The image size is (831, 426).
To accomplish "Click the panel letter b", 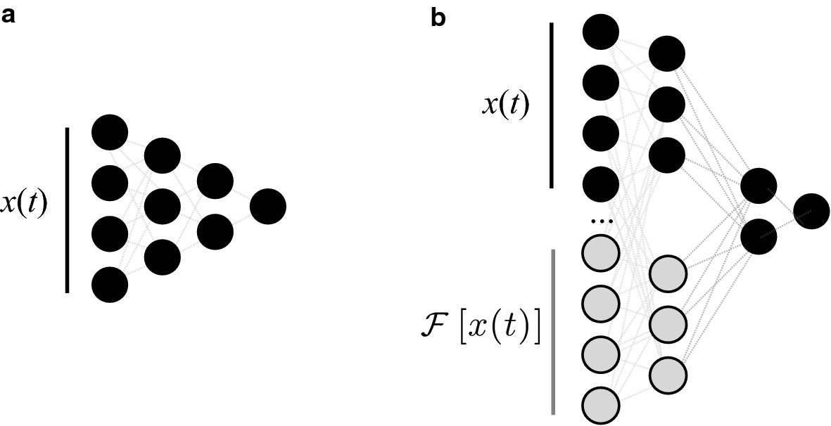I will tap(438, 18).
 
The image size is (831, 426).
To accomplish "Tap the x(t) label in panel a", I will tap(23, 204).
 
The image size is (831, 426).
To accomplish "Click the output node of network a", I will tap(268, 207).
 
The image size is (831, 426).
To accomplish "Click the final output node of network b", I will tap(812, 210).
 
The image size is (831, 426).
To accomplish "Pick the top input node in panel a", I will tap(110, 133).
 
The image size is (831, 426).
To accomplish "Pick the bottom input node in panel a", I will tap(110, 285).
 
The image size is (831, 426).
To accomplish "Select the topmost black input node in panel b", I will tap(601, 32).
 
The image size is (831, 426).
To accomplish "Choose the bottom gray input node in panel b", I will tap(601, 404).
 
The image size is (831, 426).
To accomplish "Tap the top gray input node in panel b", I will tap(601, 252).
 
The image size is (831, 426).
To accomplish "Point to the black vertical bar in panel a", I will tap(68, 209).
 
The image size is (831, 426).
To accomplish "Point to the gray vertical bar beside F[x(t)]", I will tap(553, 330).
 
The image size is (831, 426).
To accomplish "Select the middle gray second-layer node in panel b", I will tap(667, 323).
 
